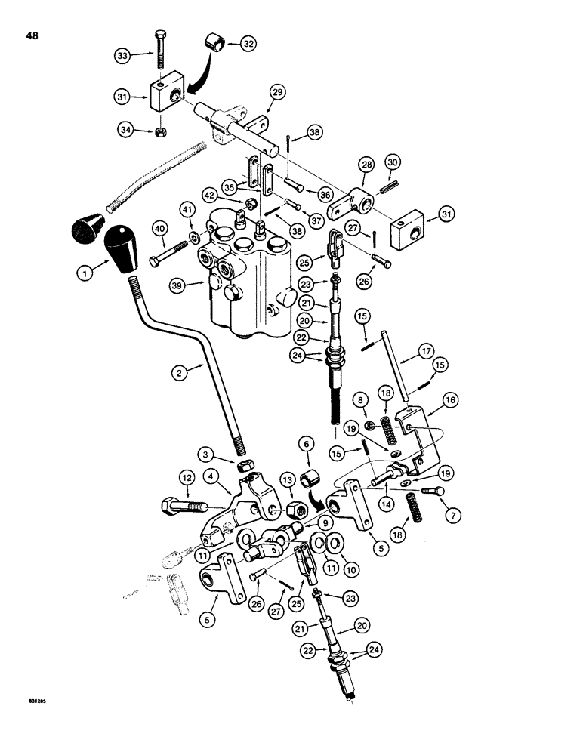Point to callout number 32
pos(248,44)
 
